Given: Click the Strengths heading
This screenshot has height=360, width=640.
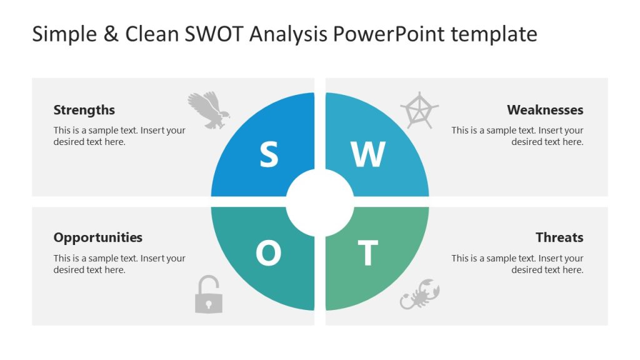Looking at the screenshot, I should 84,110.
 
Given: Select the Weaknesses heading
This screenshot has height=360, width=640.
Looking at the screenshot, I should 545,110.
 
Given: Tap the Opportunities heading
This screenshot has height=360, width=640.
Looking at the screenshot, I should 98,237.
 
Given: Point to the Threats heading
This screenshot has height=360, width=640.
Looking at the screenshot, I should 559,237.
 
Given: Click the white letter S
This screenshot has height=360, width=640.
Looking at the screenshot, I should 269,155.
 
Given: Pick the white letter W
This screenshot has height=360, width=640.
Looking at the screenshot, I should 368,155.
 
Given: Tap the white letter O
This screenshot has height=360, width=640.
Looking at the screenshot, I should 269,254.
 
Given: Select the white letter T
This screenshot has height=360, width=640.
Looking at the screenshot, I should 367,254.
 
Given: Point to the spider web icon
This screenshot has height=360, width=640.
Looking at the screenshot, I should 419,110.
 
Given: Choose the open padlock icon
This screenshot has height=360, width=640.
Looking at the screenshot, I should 208,295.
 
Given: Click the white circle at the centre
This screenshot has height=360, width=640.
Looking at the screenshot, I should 320,202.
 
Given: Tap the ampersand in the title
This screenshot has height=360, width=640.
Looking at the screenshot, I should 111,34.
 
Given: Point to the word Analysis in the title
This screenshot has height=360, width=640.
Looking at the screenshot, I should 288,34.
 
